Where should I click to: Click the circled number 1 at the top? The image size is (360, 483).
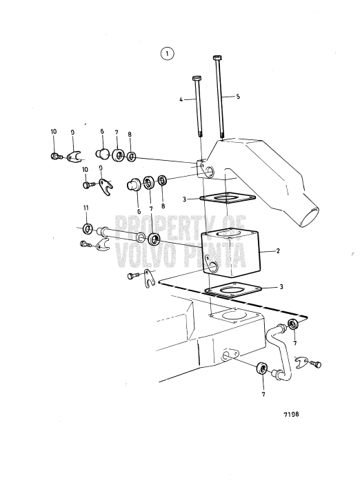click(167, 52)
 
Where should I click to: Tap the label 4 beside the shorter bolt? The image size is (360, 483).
click(181, 99)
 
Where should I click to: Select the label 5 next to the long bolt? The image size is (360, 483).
click(238, 97)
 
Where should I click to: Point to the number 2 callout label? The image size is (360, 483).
click(277, 252)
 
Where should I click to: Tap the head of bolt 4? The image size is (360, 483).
click(197, 77)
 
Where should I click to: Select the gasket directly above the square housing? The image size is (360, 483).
click(224, 200)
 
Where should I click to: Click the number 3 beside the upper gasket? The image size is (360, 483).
click(185, 199)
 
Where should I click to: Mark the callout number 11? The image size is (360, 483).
click(86, 208)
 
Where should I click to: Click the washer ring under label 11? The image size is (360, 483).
click(88, 228)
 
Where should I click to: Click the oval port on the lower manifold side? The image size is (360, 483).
click(230, 353)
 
